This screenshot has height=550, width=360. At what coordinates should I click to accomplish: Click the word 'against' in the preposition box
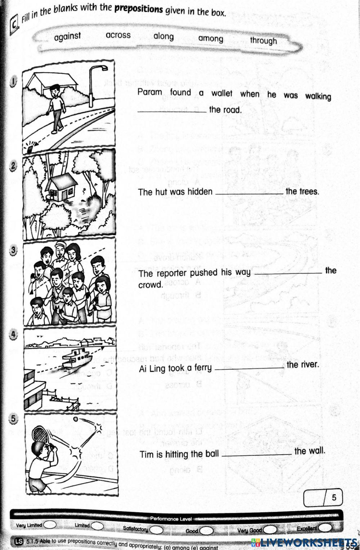coord(67,36)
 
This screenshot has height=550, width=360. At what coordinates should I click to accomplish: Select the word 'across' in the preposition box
coord(118,35)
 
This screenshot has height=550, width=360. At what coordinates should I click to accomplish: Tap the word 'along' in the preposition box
coord(163,36)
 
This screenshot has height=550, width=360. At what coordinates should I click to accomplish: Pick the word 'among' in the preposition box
coord(211,39)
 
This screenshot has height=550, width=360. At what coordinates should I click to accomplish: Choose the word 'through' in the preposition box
coord(264,40)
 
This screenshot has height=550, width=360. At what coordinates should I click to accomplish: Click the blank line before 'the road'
coord(172,111)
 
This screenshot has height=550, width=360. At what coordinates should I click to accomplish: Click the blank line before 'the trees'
coord(249,193)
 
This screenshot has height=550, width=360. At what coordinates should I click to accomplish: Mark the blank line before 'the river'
coord(249,368)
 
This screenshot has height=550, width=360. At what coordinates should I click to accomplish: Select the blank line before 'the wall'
coord(257,454)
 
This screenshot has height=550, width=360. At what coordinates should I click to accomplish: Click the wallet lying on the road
coord(30,147)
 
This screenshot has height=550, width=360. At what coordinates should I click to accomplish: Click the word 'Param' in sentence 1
coord(150,92)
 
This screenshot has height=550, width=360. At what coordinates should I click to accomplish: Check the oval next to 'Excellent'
coord(325,527)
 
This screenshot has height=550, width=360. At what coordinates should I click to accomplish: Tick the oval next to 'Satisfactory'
coord(156,530)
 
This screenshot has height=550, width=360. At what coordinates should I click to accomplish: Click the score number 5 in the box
coord(334,497)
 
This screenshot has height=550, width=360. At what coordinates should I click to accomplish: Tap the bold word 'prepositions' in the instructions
coord(139,9)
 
